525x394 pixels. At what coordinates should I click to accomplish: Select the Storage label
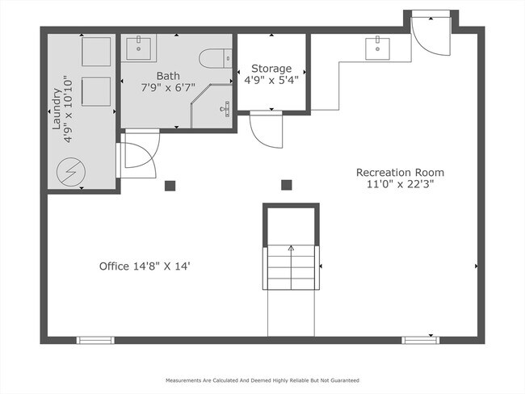(x=271, y=68)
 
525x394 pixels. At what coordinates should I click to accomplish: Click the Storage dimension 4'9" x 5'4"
(x=271, y=80)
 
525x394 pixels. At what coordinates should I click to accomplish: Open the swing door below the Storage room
(x=265, y=129)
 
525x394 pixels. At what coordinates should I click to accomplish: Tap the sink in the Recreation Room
(x=377, y=48)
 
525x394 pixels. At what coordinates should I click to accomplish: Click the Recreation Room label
(x=400, y=172)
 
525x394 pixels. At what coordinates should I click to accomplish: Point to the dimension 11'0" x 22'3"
(x=400, y=184)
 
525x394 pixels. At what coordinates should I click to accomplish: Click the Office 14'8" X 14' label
(x=145, y=265)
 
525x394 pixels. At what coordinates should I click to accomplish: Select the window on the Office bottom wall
(x=95, y=340)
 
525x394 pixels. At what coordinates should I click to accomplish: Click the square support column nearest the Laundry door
(x=170, y=186)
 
